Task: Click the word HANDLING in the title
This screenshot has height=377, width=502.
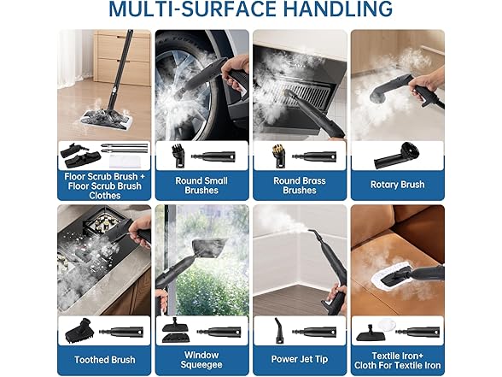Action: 338,9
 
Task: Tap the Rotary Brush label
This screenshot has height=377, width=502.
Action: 397,185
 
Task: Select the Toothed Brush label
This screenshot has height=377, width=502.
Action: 105,360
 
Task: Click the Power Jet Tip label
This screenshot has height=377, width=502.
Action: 300,359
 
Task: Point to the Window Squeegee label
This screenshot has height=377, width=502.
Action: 201,360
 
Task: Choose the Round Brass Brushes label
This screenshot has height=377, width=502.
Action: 300,186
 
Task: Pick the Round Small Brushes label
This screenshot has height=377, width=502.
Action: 201,186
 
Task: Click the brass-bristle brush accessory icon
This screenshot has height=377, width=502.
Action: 279,156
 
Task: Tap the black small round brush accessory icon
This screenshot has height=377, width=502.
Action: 178,156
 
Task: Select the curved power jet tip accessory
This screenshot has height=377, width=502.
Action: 278,331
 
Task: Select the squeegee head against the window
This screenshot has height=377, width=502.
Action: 209,248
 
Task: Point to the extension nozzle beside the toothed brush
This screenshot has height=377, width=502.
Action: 121,332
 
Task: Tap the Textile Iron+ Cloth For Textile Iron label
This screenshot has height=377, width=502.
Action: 397,361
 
